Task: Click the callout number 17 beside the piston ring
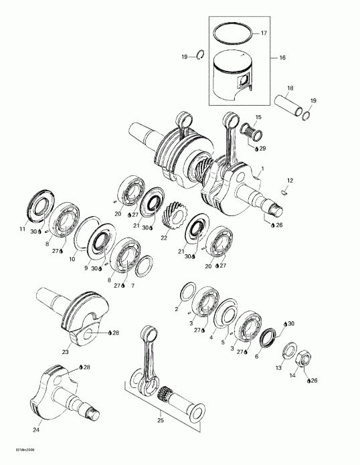(x=263, y=33)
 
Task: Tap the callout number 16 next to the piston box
(x=282, y=59)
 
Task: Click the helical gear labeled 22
(x=173, y=217)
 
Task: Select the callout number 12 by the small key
(x=290, y=181)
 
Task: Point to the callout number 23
(x=66, y=351)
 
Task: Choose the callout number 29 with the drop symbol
(x=262, y=148)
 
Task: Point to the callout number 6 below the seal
(x=256, y=357)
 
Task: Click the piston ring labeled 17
(x=232, y=32)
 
